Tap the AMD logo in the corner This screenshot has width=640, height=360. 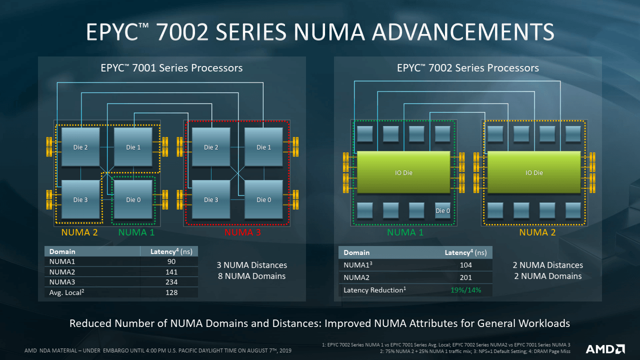[605, 348]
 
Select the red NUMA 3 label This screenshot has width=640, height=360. [243, 232]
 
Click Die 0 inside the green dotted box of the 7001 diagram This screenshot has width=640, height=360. [133, 199]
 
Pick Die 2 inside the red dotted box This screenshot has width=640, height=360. [211, 146]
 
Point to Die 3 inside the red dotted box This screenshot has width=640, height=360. [211, 199]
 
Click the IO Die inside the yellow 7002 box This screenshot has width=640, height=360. [534, 172]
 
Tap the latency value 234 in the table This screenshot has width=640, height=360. [171, 282]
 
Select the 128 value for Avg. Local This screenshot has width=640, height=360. [171, 292]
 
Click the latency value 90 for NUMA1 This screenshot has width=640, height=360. [171, 261]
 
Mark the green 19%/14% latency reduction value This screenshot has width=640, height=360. [465, 290]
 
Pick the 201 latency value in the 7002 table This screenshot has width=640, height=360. [465, 277]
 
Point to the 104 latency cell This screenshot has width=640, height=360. [465, 265]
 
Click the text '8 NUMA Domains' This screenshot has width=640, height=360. [251, 276]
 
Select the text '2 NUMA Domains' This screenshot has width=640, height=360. [547, 276]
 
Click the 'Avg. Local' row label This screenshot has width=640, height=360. [65, 292]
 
